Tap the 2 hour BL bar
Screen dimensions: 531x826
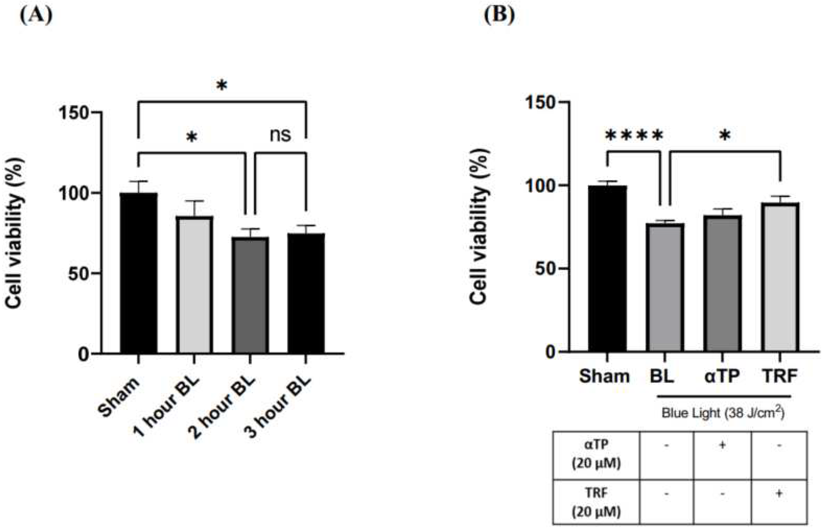250,295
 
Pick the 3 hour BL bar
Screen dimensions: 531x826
306,293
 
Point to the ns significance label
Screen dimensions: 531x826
280,135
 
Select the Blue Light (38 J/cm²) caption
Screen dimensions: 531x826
723,413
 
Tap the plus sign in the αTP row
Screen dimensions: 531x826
722,445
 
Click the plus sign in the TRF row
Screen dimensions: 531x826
779,493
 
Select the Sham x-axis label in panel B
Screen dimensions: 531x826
604,376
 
